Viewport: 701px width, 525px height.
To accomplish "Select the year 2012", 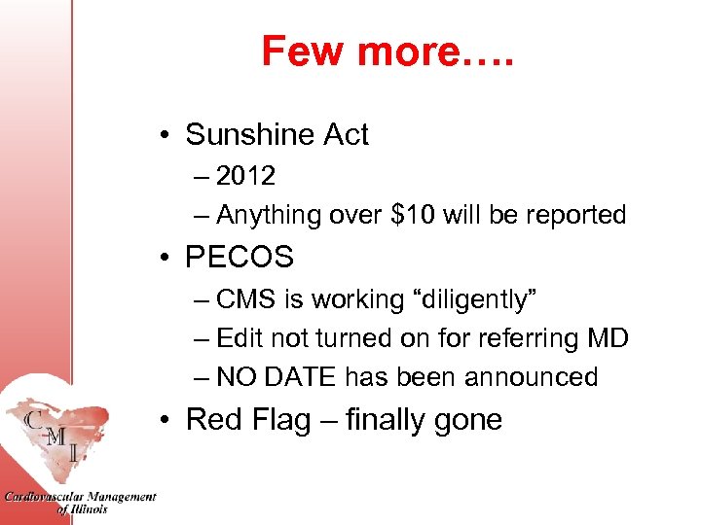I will [245, 176].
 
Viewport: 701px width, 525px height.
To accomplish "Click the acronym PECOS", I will [239, 258].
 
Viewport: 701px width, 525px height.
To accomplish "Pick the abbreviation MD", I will [607, 338].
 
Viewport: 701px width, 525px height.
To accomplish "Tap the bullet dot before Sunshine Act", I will [167, 135].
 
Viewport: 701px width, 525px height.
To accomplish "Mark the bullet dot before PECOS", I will [167, 259].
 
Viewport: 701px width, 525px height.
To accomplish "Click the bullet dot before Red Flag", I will [167, 421].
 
